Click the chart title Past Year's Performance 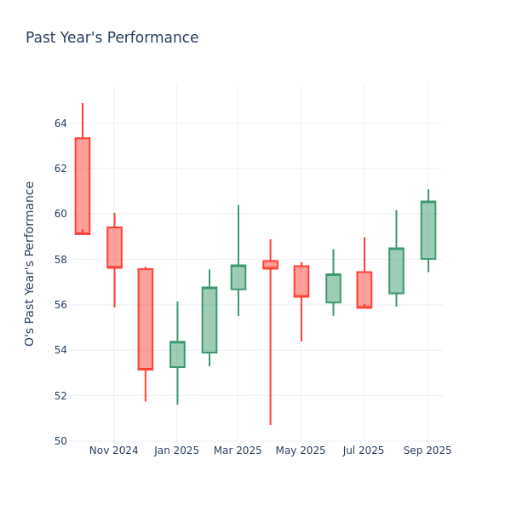(112, 38)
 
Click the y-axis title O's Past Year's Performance (30, 263)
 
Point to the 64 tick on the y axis (60, 123)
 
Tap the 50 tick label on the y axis (60, 441)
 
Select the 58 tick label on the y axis (60, 260)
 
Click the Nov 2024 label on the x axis (113, 451)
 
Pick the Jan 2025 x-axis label (177, 451)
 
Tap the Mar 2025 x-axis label (238, 451)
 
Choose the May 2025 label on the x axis (301, 451)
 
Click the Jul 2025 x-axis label (364, 451)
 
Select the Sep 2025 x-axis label (428, 451)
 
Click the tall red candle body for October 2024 (83, 186)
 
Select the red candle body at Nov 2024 (114, 247)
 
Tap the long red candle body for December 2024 (146, 319)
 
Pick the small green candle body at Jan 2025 (177, 354)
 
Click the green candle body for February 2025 (209, 320)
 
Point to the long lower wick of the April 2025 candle (270, 349)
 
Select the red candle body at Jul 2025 (364, 290)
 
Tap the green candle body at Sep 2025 (428, 230)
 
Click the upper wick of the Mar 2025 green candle (238, 234)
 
